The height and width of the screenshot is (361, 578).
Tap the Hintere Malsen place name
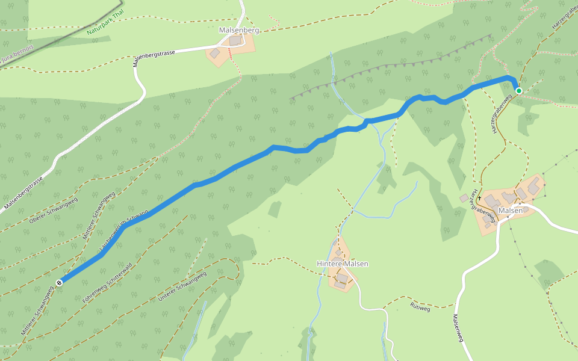[342, 264]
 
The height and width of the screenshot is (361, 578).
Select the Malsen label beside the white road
[511, 211]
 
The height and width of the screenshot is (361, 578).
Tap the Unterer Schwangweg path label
[182, 286]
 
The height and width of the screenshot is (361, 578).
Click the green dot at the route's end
[518, 91]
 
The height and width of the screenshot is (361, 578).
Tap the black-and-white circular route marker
[59, 282]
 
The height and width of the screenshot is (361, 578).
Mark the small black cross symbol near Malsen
[479, 197]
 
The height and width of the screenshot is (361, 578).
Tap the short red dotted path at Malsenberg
[229, 54]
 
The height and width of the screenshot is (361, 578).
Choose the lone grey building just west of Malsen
[463, 198]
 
